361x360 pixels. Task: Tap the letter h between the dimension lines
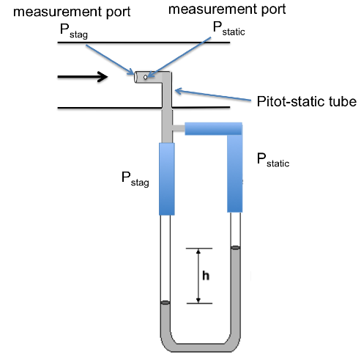(206, 276)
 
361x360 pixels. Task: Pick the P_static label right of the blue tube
(273, 160)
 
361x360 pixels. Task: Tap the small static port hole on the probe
(146, 76)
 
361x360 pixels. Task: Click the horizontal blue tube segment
(212, 129)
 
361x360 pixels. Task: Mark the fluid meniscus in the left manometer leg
(165, 303)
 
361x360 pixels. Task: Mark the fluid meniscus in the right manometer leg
(235, 249)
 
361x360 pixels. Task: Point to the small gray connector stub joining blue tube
(178, 129)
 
